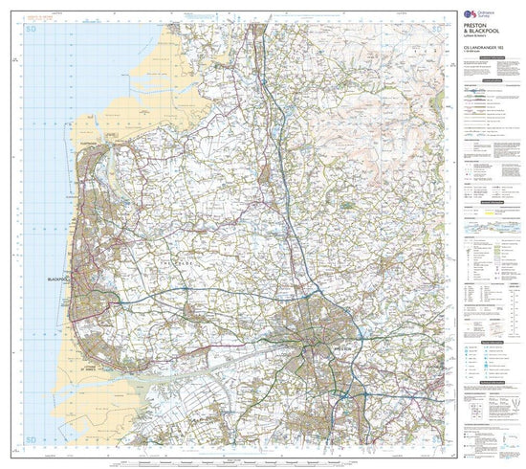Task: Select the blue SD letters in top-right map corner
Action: [x=439, y=32]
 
